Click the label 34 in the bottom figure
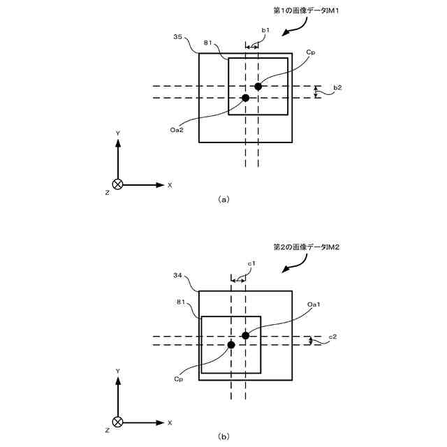(177, 275)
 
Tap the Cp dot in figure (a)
(258, 86)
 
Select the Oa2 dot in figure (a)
(245, 98)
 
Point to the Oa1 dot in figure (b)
(245, 336)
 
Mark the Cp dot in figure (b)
(231, 344)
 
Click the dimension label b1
(265, 31)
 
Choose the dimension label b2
(337, 87)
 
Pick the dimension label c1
(251, 263)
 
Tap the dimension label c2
(333, 337)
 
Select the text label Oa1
(314, 304)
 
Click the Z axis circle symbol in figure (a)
(118, 185)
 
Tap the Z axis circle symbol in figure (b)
(118, 423)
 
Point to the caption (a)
(223, 199)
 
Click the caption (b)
(223, 437)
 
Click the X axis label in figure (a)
(170, 185)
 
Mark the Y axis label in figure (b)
(118, 370)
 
